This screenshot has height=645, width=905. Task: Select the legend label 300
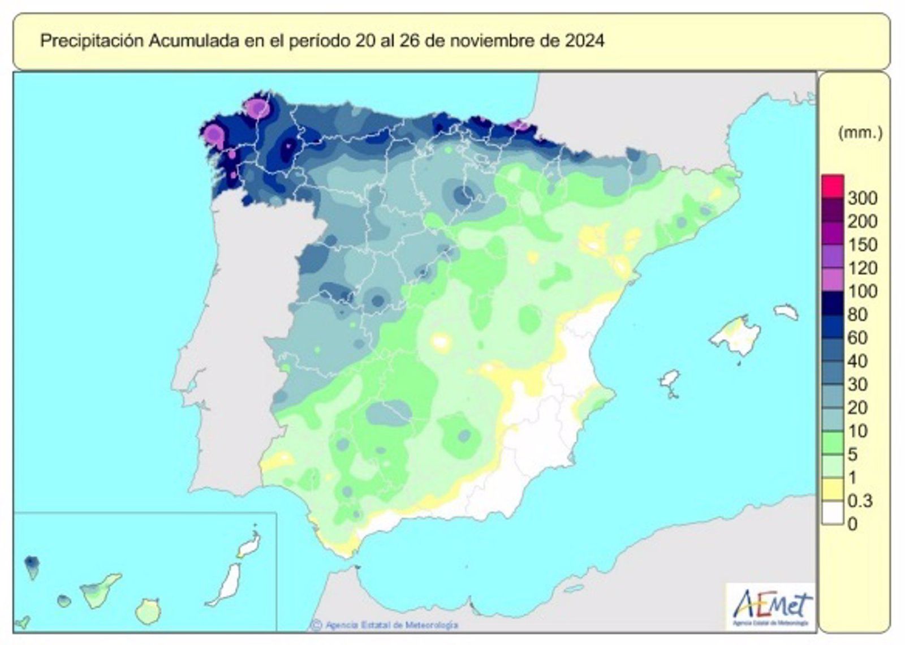click(x=862, y=198)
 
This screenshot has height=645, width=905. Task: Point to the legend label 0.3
click(x=860, y=501)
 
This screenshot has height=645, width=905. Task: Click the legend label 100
click(x=862, y=291)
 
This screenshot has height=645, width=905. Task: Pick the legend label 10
click(x=857, y=431)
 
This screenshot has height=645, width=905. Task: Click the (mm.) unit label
click(x=860, y=133)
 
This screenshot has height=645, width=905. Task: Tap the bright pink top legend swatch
click(x=833, y=186)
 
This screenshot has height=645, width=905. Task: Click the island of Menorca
click(x=786, y=312)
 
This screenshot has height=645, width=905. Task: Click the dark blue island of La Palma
click(x=32, y=565)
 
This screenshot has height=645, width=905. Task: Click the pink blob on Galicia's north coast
click(x=257, y=107)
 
